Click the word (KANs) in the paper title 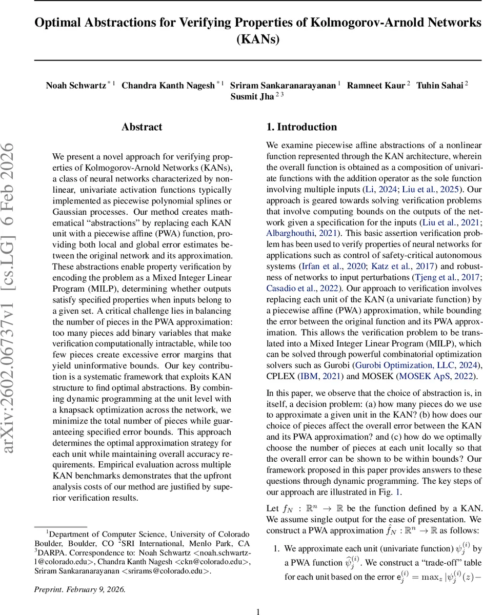[258, 39]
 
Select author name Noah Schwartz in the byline [75, 85]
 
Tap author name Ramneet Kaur [375, 85]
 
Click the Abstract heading [142, 127]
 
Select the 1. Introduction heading [301, 127]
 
